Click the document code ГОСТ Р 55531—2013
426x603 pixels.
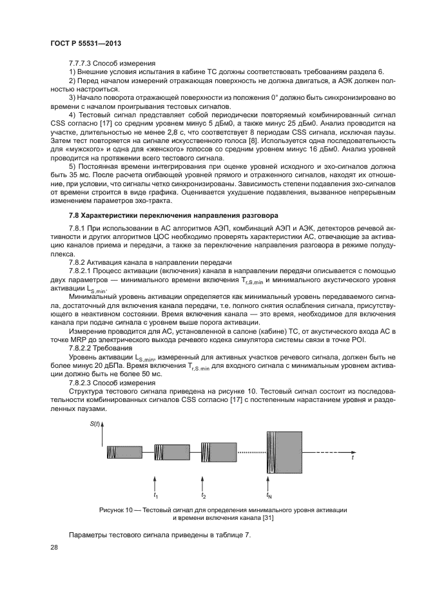tap(86, 44)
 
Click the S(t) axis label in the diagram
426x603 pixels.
tap(95, 423)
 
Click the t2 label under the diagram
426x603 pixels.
tap(204, 495)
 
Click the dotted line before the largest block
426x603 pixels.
tap(251, 452)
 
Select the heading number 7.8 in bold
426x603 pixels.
tap(74, 213)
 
